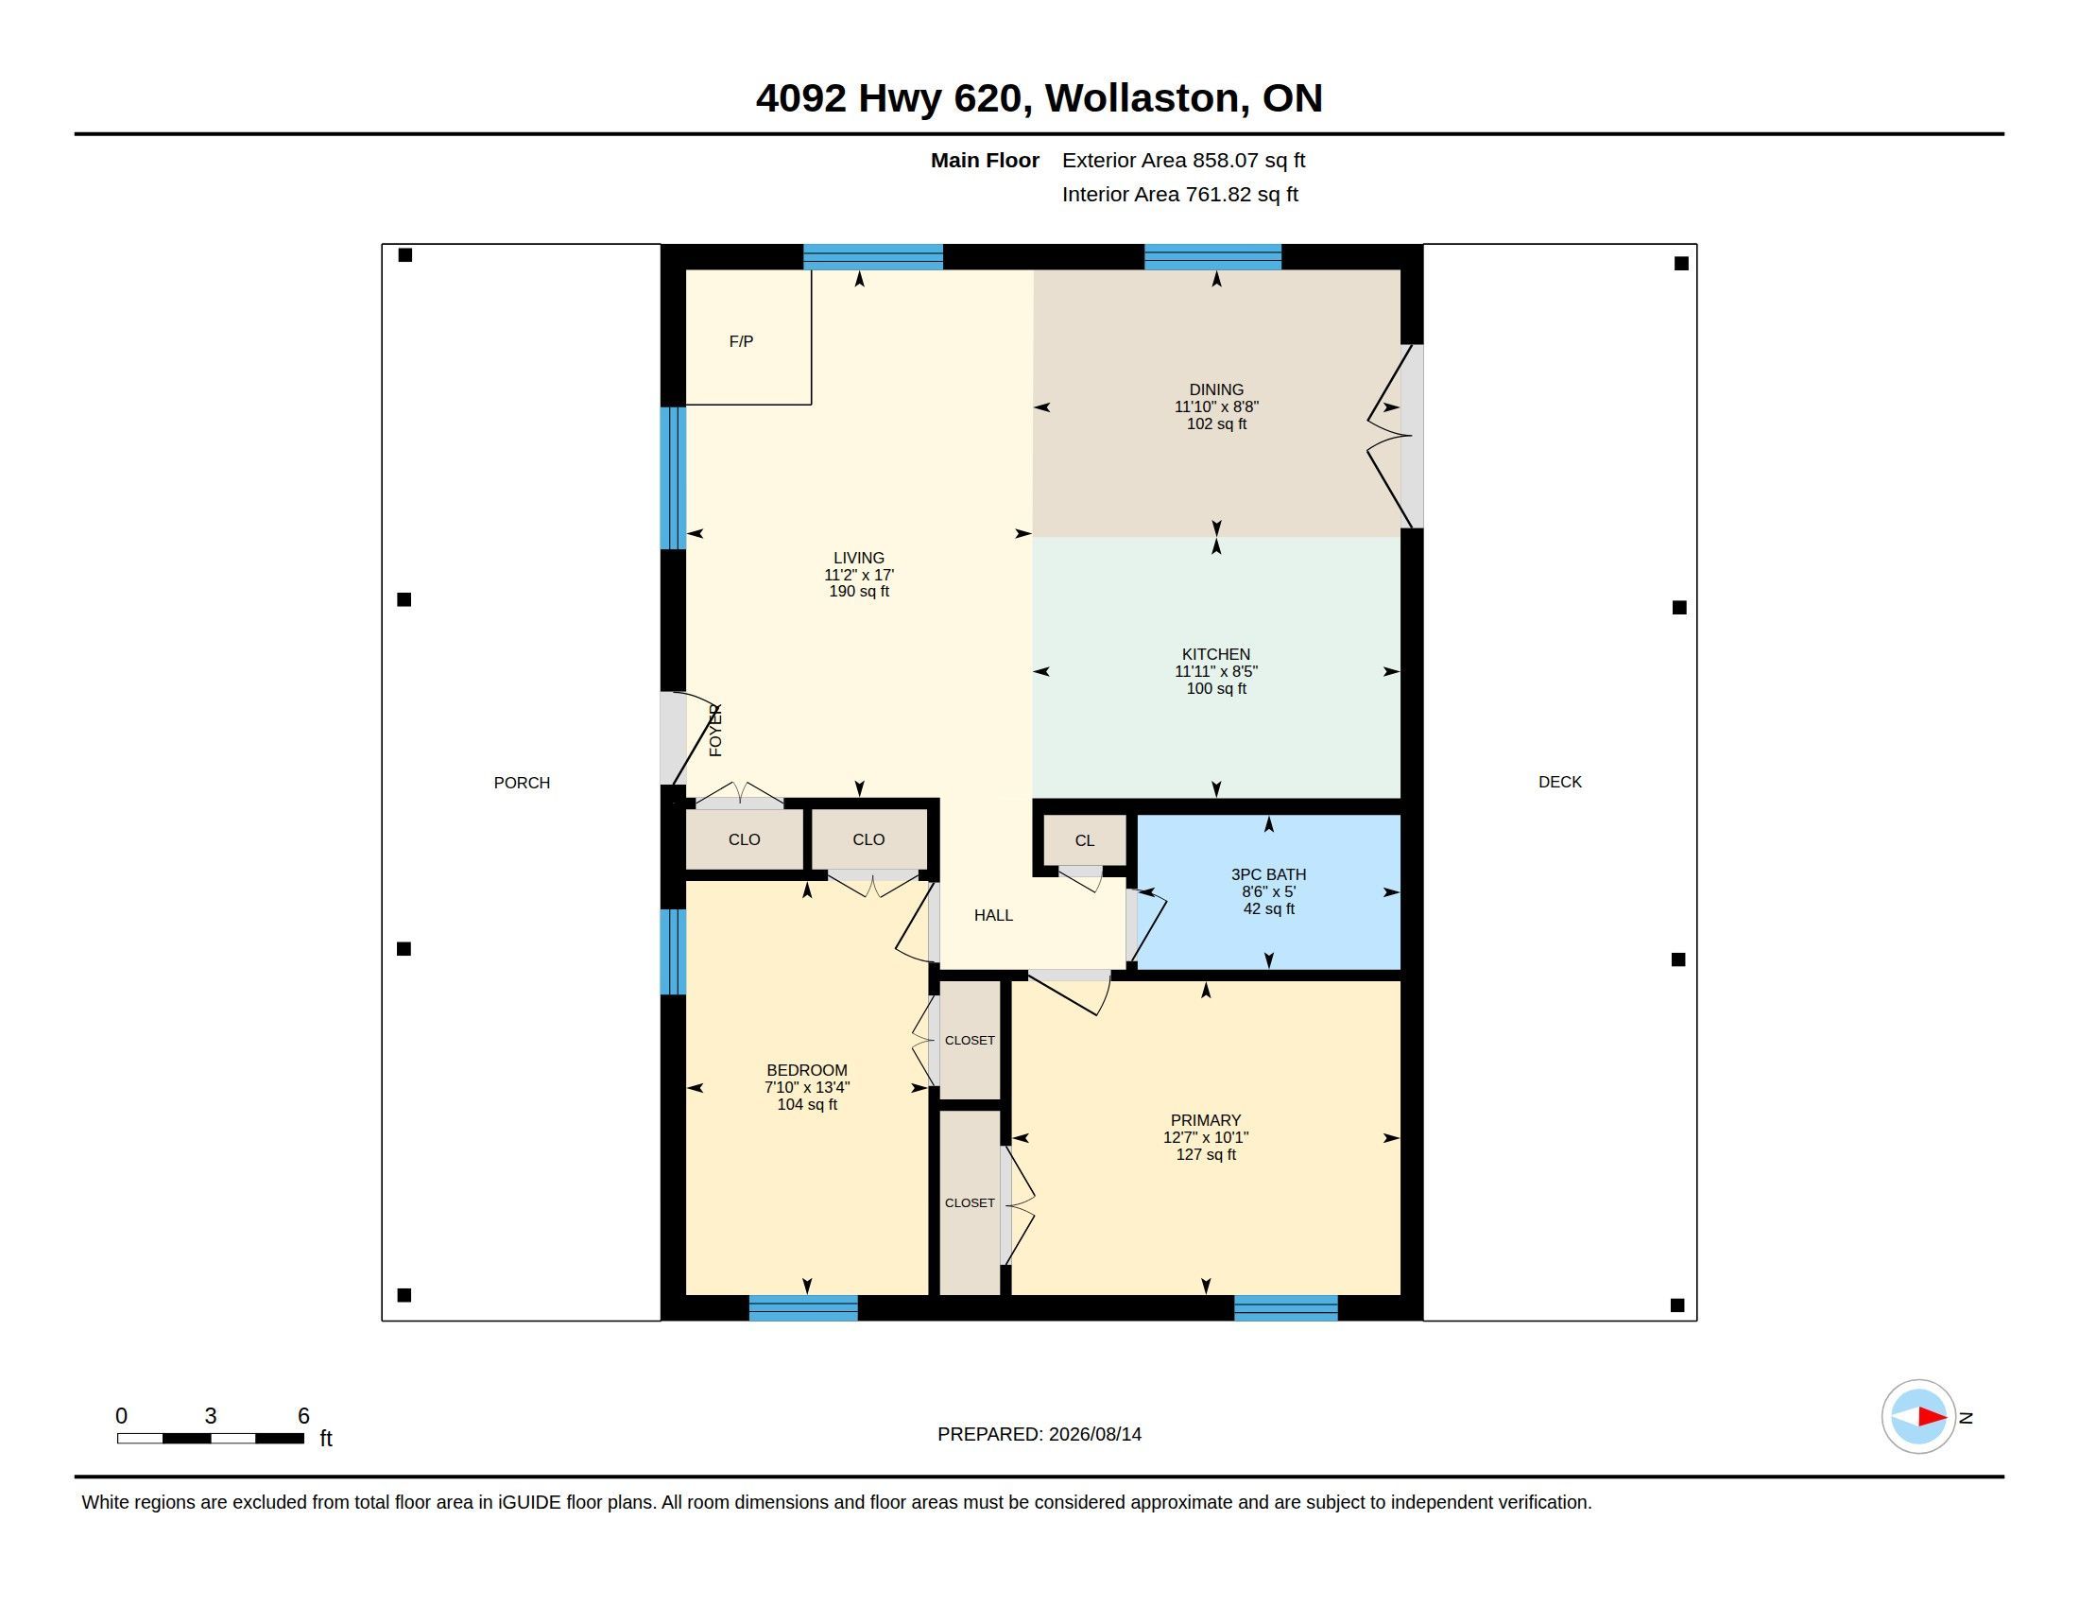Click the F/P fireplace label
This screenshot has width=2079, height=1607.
point(741,341)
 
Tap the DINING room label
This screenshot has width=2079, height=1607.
point(1215,389)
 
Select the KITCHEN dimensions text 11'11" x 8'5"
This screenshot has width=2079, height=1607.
point(1215,671)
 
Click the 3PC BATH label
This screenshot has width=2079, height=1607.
point(1268,874)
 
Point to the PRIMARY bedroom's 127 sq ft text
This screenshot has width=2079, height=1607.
point(1206,1155)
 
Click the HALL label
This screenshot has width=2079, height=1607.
point(993,915)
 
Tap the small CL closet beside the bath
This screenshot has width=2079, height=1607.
point(1084,840)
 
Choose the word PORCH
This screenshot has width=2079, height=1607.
point(522,783)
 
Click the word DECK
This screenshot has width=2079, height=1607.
point(1559,782)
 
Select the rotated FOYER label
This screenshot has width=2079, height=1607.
point(716,730)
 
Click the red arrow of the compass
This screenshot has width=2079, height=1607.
point(1932,1417)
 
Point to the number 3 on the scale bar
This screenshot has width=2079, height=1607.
point(211,1416)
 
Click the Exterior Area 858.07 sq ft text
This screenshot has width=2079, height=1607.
point(1183,160)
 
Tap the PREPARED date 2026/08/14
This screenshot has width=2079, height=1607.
point(1094,1434)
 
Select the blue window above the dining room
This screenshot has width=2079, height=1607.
point(1211,257)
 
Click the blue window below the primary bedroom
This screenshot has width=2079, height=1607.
point(1285,1308)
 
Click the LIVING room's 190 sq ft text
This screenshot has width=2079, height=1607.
point(859,591)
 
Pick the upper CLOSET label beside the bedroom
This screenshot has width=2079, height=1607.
point(969,1041)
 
